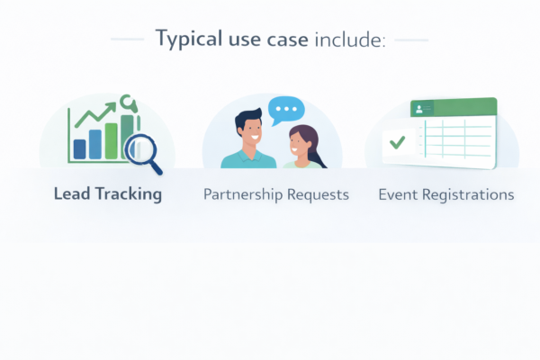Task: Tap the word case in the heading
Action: (x=287, y=40)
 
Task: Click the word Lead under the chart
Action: (x=70, y=193)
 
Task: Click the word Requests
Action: (x=317, y=194)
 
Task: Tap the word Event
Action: (x=397, y=194)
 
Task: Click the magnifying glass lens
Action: (x=142, y=146)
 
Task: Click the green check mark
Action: (x=397, y=142)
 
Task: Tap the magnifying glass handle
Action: (x=157, y=166)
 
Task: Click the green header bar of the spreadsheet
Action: (x=459, y=108)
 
